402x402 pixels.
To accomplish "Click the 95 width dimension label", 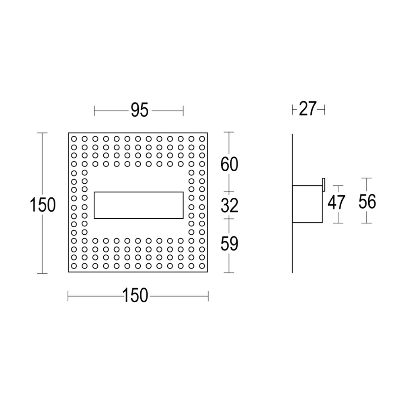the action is (140, 110).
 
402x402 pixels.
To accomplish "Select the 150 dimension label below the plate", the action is (135, 295).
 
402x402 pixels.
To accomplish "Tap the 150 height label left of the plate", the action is (43, 205).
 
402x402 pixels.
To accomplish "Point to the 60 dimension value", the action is (230, 164).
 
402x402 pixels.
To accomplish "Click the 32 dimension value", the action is (230, 205).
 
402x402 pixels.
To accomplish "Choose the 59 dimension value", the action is (230, 244).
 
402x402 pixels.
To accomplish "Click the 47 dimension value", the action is (336, 202).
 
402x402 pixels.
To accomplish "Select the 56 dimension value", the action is (367, 201).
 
